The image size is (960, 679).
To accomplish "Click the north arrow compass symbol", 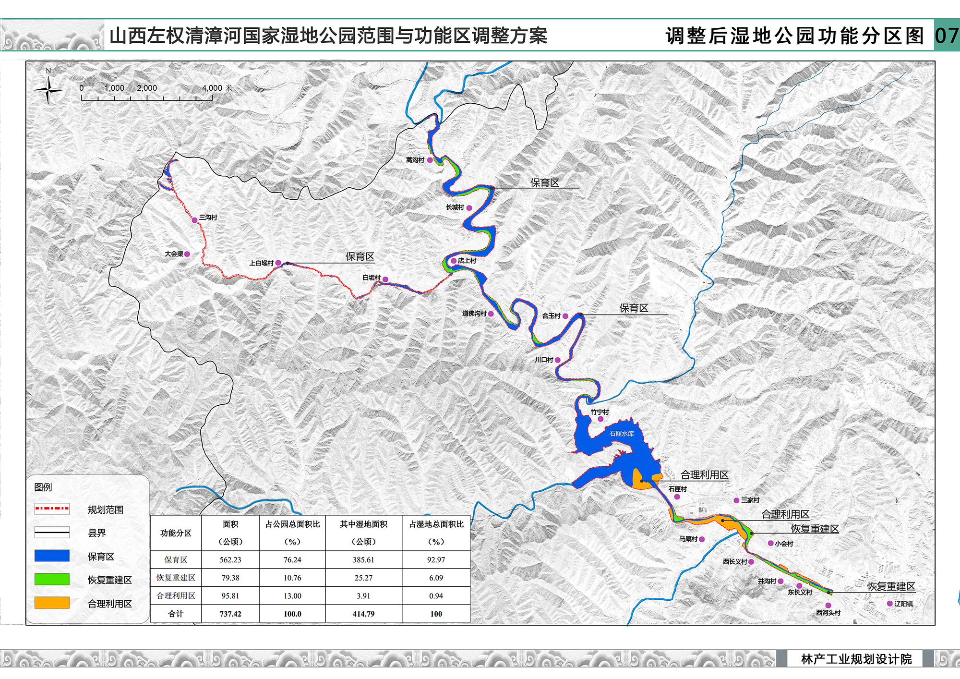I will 48,90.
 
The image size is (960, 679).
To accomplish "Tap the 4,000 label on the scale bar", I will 212,88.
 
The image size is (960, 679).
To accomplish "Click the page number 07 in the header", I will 947,36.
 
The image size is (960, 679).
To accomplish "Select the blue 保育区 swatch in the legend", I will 52,556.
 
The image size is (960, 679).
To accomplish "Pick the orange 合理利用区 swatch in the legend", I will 52,603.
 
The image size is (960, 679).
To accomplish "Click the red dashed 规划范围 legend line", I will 52,509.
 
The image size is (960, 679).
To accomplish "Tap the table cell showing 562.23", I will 230,559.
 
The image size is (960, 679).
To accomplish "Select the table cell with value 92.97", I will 436,559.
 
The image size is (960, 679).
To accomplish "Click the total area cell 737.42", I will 230,614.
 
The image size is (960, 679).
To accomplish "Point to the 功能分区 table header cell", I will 176,533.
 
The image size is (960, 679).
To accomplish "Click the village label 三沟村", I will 208,218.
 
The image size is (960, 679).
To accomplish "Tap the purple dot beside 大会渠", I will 187,254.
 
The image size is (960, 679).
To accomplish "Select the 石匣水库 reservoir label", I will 622,433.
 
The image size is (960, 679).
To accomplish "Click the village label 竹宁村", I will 600,412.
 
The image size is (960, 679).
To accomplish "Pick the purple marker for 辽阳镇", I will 889,604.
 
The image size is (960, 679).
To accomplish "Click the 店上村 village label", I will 467,261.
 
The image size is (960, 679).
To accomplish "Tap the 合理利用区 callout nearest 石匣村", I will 704,475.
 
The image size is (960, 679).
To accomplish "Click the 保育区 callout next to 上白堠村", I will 360,256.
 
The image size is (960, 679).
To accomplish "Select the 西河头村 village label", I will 828,613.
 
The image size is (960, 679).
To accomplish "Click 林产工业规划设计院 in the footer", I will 856,659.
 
